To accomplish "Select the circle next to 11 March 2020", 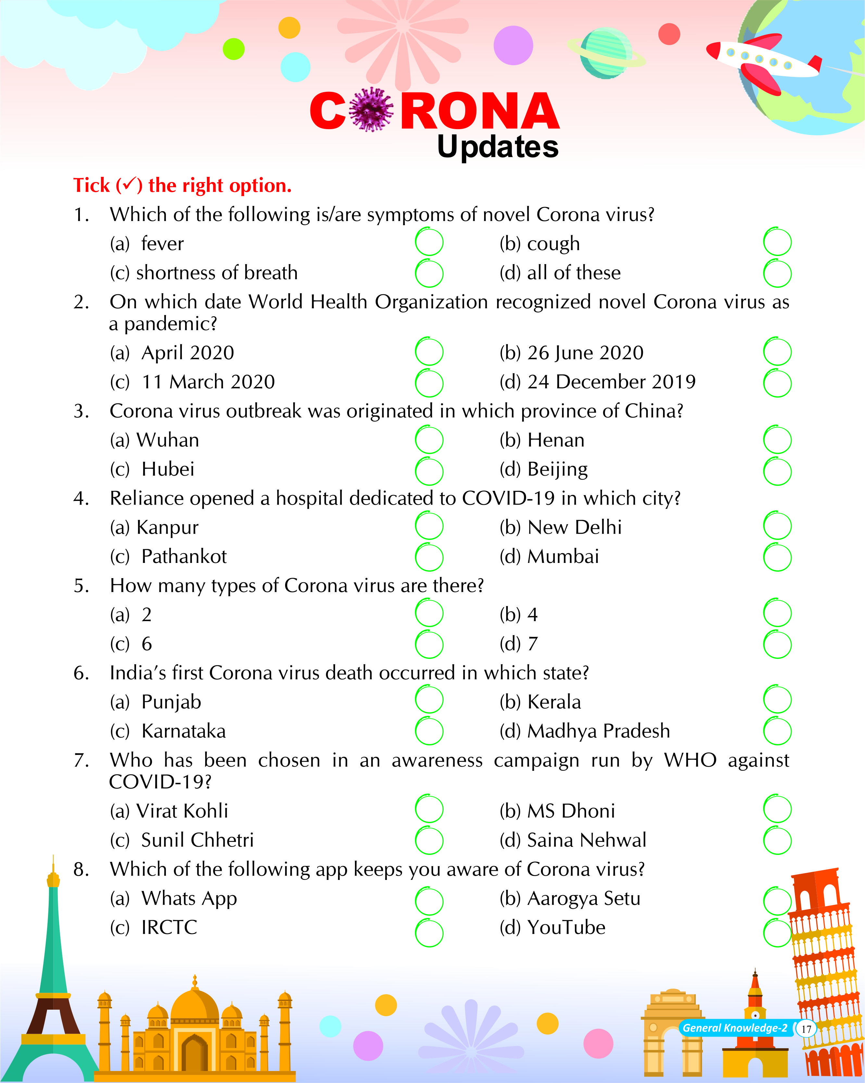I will [429, 383].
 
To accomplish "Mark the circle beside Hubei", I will [429, 471].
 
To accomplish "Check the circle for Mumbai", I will [777, 557].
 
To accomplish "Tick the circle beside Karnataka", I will [429, 731].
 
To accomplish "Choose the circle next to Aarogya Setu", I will [777, 901].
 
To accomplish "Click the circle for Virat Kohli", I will [429, 810].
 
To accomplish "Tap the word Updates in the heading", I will [497, 147].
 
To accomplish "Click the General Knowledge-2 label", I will [734, 1028].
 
